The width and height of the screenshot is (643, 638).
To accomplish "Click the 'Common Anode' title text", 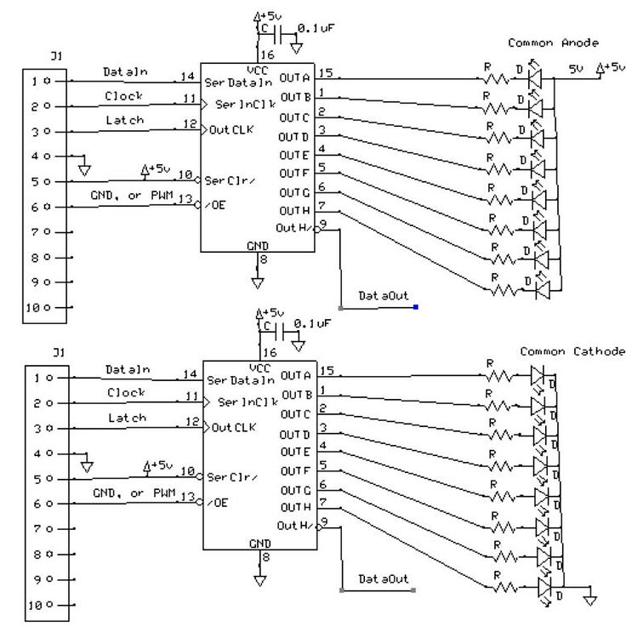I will (553, 43).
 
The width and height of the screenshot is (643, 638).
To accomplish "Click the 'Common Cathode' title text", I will (572, 351).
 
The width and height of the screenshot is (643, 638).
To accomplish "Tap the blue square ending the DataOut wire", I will (415, 306).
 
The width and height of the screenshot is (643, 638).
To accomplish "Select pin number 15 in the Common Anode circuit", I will (325, 75).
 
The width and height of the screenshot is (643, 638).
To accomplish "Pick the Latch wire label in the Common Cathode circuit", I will (127, 418).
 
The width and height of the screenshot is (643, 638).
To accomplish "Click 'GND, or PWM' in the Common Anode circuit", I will (131, 197).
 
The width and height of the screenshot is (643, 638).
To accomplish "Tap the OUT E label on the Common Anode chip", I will (294, 155).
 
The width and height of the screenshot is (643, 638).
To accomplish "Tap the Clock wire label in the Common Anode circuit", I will (124, 96).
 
